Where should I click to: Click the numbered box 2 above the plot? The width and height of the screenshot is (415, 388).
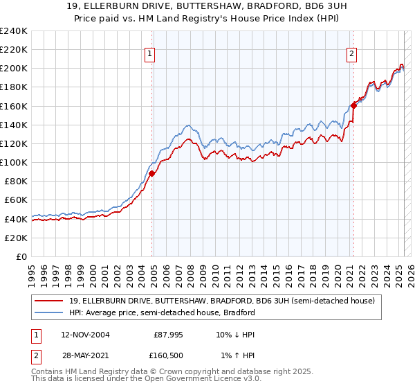[x=351, y=54]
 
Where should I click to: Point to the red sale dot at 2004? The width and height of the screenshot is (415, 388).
[x=151, y=174]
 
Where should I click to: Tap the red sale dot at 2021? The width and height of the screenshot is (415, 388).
[x=353, y=105]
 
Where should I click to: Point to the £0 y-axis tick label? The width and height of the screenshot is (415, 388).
[x=21, y=256]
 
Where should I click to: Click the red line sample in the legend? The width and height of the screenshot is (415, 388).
[x=48, y=301]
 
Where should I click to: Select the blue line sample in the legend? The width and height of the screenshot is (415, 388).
[x=48, y=312]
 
